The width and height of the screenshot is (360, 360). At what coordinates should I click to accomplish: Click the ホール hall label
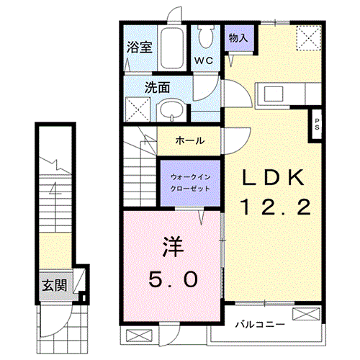(189, 140)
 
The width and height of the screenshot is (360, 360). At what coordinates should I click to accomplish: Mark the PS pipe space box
(316, 123)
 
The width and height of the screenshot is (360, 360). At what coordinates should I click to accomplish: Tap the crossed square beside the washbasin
(138, 110)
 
